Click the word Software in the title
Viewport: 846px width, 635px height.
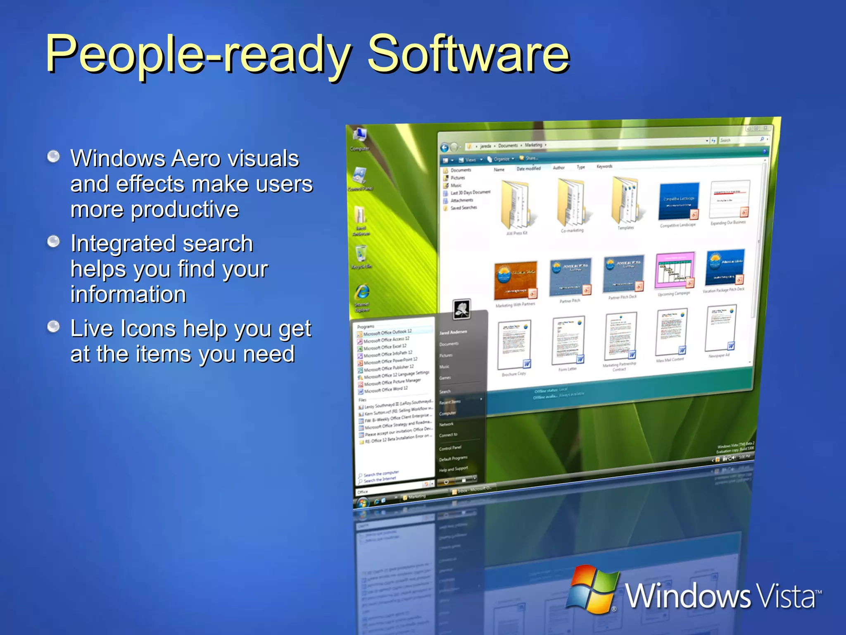coord(469,54)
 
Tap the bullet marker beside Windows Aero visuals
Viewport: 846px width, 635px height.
coord(53,157)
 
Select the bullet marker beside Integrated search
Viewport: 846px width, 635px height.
coord(53,241)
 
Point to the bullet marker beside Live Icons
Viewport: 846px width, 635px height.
coord(53,327)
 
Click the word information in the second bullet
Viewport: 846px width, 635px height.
coord(128,294)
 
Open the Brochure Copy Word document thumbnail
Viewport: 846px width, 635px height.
coord(514,345)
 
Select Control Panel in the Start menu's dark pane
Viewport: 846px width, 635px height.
coord(450,448)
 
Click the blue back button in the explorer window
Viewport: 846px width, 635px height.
coord(444,148)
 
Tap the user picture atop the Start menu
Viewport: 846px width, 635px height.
coord(462,309)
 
